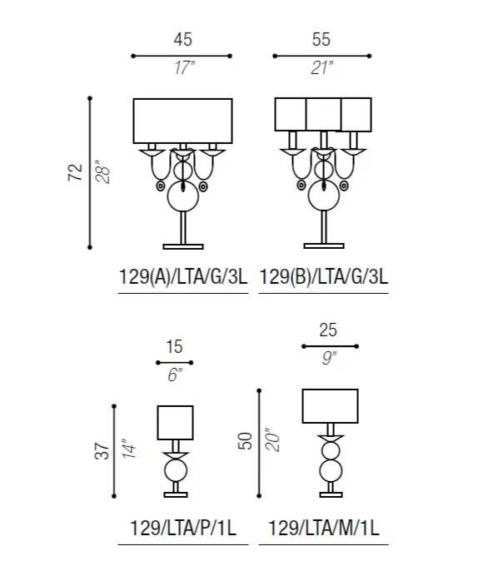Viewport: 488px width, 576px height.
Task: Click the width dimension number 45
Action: click(183, 39)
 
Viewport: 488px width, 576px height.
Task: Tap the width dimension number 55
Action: click(321, 39)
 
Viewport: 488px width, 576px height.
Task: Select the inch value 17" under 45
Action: click(184, 67)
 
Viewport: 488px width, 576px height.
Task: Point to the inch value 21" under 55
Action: click(322, 67)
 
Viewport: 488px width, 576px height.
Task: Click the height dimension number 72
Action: click(76, 172)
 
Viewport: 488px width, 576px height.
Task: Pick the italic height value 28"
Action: click(102, 172)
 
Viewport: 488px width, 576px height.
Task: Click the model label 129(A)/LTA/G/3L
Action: click(183, 276)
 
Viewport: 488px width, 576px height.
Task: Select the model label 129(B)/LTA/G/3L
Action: click(324, 276)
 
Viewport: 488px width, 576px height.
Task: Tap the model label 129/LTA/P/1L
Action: click(183, 529)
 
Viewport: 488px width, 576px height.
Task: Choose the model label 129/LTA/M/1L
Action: click(324, 529)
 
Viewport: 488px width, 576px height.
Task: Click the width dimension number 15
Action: click(174, 347)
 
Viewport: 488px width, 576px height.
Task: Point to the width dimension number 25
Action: click(328, 330)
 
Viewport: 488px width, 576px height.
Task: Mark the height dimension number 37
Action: click(102, 451)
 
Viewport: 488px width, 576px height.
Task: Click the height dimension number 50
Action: click(246, 441)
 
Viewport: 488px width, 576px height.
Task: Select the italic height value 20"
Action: click(272, 440)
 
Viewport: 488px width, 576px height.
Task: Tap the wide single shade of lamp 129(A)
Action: click(182, 121)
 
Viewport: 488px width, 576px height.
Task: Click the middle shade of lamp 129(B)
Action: click(323, 114)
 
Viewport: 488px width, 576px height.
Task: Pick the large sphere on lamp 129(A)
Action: click(183, 196)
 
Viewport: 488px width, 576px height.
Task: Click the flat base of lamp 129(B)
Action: click(324, 246)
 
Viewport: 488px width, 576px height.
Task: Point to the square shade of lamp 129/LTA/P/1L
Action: click(175, 423)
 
